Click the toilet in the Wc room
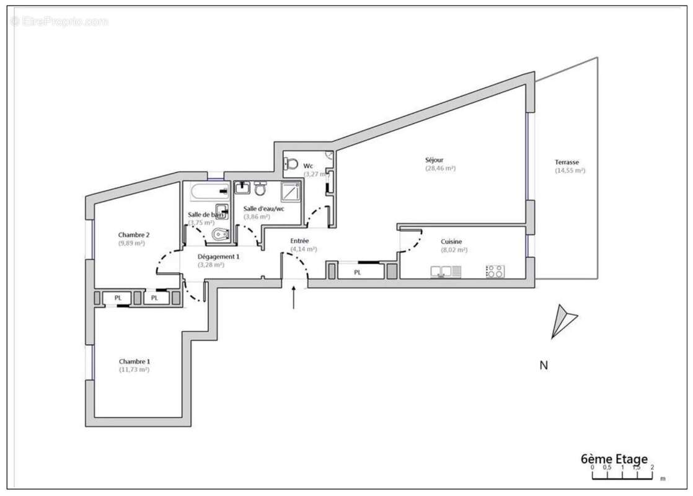(x=289, y=164)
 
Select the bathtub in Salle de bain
(x=207, y=192)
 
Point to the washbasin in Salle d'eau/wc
(x=242, y=187)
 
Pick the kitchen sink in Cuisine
(x=446, y=271)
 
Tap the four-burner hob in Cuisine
(x=495, y=271)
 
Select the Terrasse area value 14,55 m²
(x=570, y=170)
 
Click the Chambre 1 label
(x=135, y=361)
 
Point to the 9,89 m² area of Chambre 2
(x=131, y=244)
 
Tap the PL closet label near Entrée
(x=358, y=272)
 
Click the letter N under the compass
(x=544, y=366)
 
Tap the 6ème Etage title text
(x=614, y=459)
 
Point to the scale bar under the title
(x=622, y=476)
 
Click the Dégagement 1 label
(x=218, y=257)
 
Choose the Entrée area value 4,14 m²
(x=304, y=249)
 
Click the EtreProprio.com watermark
(x=59, y=22)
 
